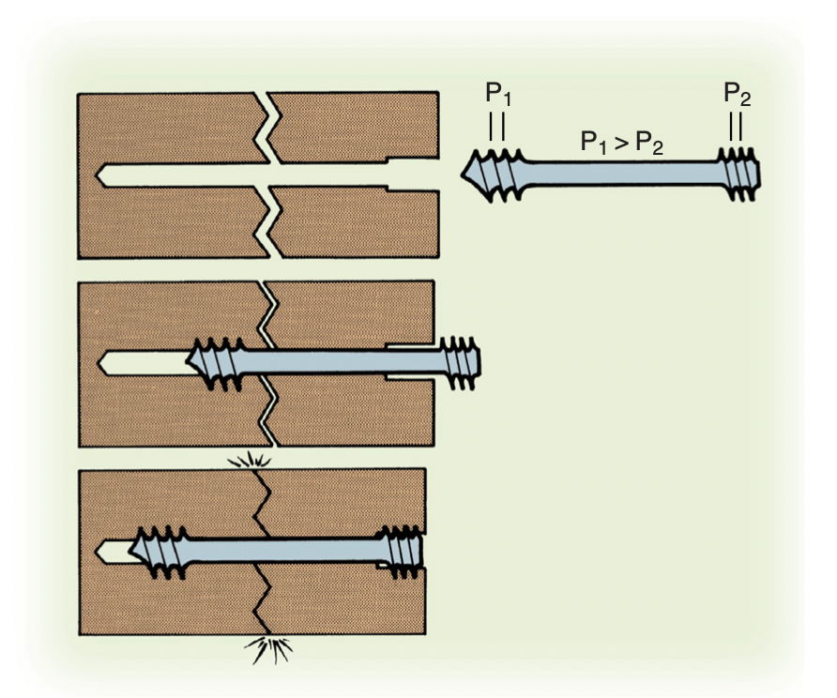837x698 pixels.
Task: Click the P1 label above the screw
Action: [498, 94]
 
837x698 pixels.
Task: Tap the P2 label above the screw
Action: [738, 94]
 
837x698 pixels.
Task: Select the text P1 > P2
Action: [622, 143]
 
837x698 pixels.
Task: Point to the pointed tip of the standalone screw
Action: [463, 174]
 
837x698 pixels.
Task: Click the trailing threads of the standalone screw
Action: [739, 174]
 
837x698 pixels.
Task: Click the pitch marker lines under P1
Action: [497, 126]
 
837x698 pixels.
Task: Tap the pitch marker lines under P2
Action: [736, 126]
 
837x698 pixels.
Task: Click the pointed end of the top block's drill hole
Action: [98, 174]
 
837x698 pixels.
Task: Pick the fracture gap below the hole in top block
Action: [268, 222]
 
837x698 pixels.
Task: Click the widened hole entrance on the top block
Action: [413, 174]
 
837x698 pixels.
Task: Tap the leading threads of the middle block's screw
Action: [215, 363]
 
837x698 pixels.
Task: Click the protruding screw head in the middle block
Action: [460, 363]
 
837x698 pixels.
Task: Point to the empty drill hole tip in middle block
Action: [99, 363]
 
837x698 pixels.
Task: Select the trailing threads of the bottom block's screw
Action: [400, 552]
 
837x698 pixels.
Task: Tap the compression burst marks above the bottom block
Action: [250, 460]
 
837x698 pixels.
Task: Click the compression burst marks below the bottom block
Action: [269, 649]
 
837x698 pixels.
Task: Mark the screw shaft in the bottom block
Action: [282, 551]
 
